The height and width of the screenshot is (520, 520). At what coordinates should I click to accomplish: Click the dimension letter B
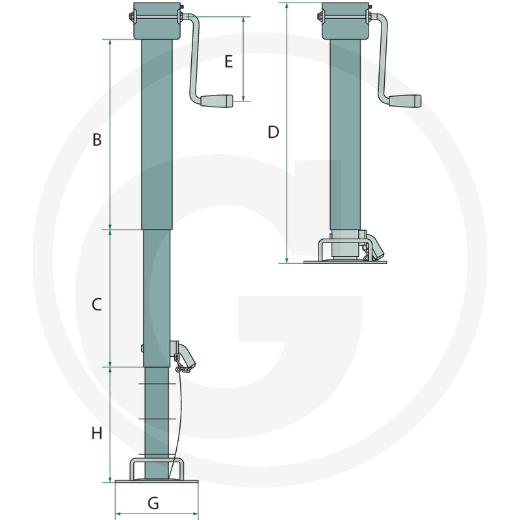point(97,140)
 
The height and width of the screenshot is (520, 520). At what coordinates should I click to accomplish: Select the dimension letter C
point(96,304)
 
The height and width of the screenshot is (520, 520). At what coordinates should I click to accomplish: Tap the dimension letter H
point(97,433)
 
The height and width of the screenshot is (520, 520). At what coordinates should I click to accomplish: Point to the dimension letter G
point(153,502)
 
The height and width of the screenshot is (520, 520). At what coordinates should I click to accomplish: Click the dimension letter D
point(273,133)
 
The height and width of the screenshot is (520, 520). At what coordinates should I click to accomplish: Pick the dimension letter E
point(229,62)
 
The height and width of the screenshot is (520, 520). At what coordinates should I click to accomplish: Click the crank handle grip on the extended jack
point(217,101)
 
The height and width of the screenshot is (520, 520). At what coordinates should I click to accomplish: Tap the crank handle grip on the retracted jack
point(405,101)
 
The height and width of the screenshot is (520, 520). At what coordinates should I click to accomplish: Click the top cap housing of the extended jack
point(157,21)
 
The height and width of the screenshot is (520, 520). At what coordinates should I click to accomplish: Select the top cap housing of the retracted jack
point(346,21)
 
